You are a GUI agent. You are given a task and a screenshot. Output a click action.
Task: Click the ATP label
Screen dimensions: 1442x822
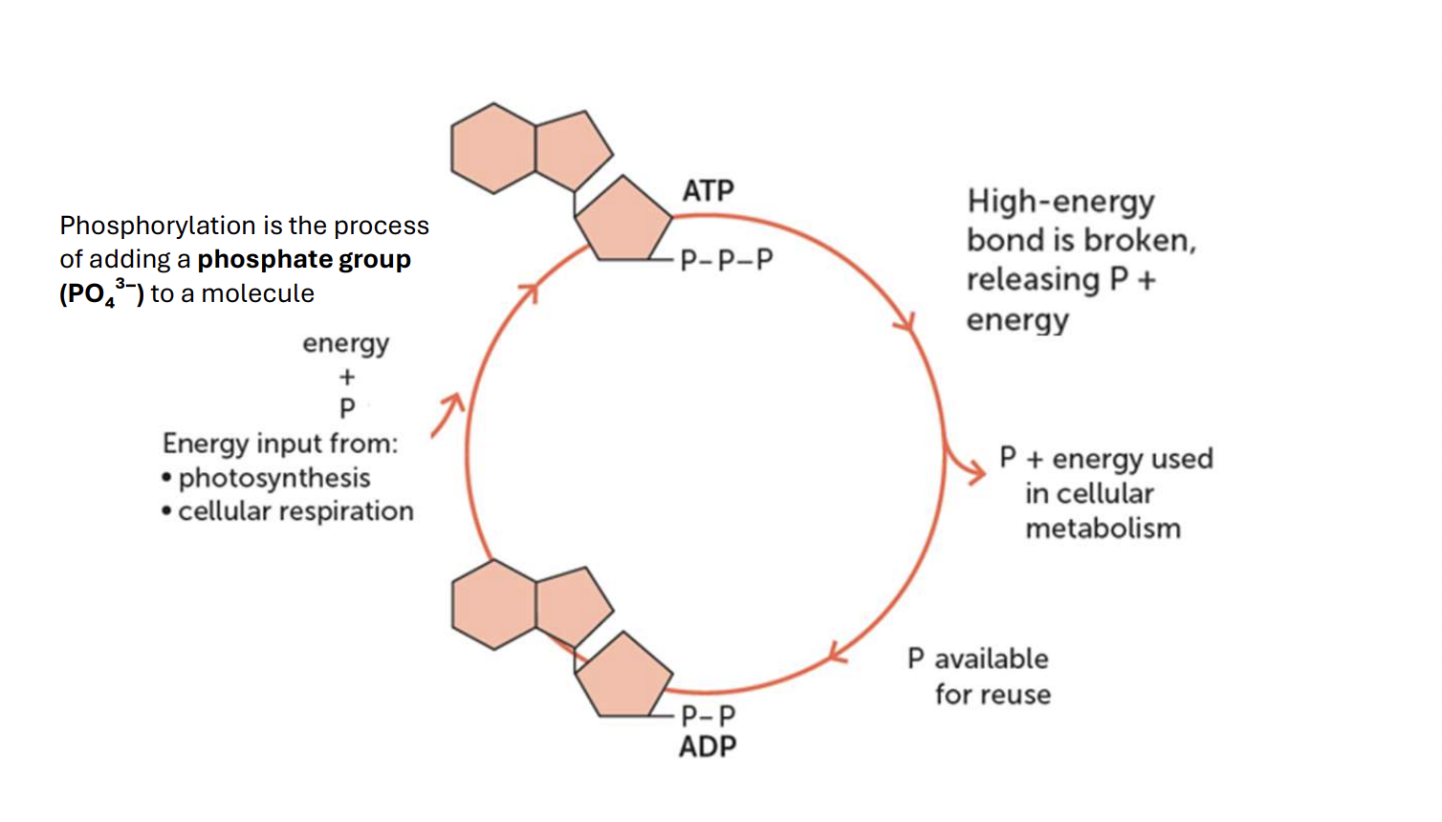pyautogui.click(x=709, y=190)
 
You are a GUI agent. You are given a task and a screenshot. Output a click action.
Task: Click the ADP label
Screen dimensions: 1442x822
pyautogui.click(x=708, y=746)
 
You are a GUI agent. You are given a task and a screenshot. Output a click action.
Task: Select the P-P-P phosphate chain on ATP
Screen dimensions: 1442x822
pyautogui.click(x=727, y=260)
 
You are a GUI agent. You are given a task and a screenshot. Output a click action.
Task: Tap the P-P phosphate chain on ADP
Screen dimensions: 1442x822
pyautogui.click(x=709, y=715)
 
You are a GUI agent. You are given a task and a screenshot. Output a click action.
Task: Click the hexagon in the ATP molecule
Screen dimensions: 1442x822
pyautogui.click(x=493, y=148)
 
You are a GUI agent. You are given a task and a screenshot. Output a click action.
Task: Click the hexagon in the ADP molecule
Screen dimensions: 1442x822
pyautogui.click(x=493, y=604)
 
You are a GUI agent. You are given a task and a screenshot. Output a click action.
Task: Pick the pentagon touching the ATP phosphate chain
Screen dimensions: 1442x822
pyautogui.click(x=623, y=221)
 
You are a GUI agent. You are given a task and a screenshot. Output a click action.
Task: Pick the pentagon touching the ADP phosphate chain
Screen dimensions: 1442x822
pyautogui.click(x=623, y=676)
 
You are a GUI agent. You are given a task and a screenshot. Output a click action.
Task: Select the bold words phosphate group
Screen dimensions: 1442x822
pyautogui.click(x=304, y=260)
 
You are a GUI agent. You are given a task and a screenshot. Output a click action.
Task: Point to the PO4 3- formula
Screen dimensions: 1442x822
pyautogui.click(x=101, y=292)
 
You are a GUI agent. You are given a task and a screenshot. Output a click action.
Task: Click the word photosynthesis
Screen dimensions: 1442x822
pyautogui.click(x=274, y=478)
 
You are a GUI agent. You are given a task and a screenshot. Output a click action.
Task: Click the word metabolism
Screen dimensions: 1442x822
pyautogui.click(x=1103, y=529)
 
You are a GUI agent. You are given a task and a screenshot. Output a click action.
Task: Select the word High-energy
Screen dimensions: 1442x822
pyautogui.click(x=1060, y=202)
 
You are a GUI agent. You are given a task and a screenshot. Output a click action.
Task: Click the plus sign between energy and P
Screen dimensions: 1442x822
pyautogui.click(x=347, y=377)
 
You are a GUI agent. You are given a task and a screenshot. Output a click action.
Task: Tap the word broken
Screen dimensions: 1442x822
pyautogui.click(x=1140, y=241)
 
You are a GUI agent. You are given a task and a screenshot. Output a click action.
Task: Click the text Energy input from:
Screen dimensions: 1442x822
pyautogui.click(x=280, y=444)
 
